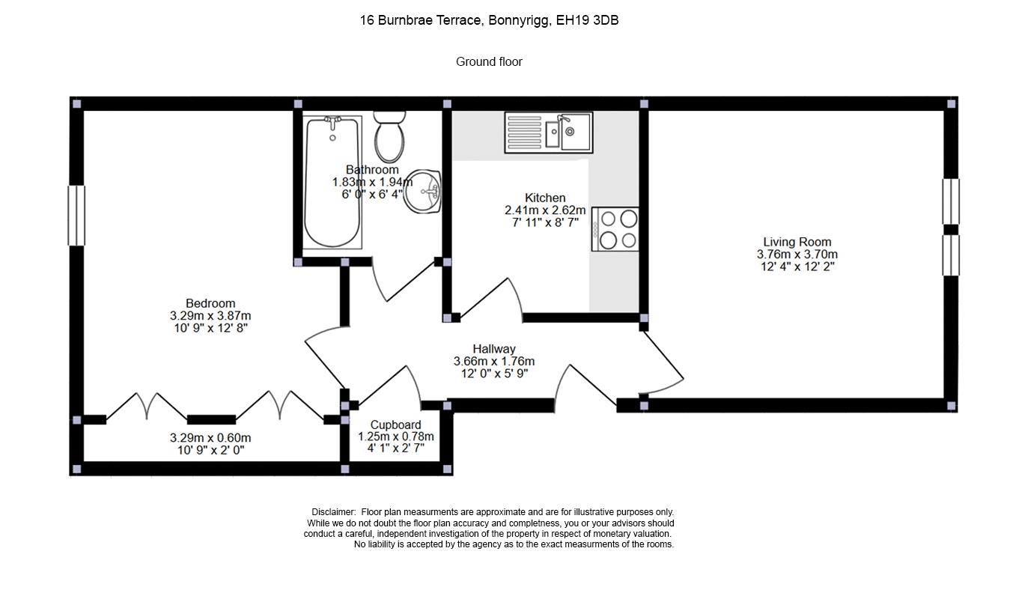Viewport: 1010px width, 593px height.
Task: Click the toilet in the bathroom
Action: [x=389, y=136]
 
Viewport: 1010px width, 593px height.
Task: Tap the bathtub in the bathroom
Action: [x=332, y=182]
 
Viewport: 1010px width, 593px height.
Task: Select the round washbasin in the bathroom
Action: [x=422, y=192]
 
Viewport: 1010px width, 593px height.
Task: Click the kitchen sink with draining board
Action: [x=548, y=133]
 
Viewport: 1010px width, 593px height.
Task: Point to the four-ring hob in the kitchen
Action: [x=615, y=229]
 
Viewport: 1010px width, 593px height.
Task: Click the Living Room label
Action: [x=797, y=242]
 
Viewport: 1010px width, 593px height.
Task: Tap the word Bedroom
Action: [x=210, y=303]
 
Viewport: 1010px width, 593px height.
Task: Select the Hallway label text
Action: [x=493, y=349]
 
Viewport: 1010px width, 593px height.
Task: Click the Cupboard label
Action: [x=395, y=425]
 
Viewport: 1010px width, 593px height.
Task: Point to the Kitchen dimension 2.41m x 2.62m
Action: [x=545, y=210]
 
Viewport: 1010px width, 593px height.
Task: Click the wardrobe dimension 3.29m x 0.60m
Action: [x=210, y=438]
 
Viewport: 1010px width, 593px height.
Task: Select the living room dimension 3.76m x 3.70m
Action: [x=797, y=255]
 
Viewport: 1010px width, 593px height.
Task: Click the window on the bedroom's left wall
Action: [x=76, y=216]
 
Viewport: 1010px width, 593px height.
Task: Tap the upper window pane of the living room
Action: [x=951, y=201]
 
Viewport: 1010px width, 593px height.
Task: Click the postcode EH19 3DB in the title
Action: [x=587, y=20]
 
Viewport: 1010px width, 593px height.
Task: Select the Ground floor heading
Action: [x=489, y=62]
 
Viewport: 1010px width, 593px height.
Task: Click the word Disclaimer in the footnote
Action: [x=334, y=512]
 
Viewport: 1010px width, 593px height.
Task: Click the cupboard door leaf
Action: [x=383, y=385]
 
